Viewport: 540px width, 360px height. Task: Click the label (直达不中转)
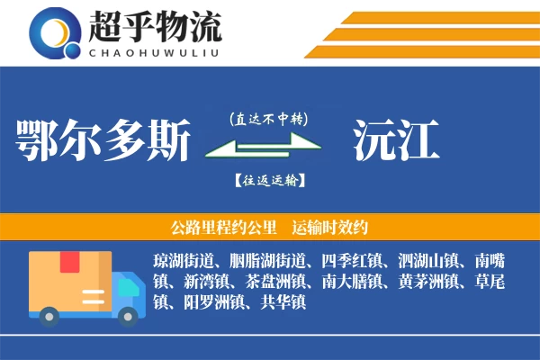(268, 118)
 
